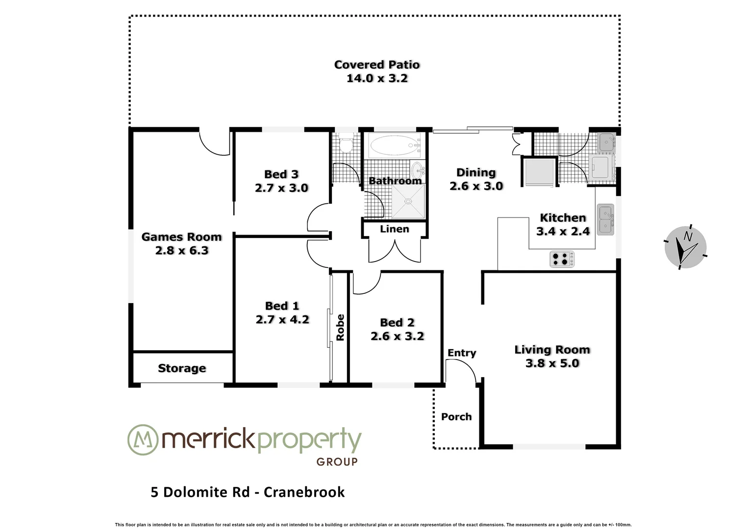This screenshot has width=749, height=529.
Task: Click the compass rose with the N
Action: pyautogui.click(x=685, y=247)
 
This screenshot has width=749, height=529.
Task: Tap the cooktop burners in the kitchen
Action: pyautogui.click(x=562, y=259)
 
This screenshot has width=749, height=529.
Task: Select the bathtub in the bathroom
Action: pyautogui.click(x=395, y=144)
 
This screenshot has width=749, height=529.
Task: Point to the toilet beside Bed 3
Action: pyautogui.click(x=346, y=144)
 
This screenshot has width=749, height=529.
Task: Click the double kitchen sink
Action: pyautogui.click(x=605, y=220)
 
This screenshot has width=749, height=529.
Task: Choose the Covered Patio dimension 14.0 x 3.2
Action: pyautogui.click(x=377, y=78)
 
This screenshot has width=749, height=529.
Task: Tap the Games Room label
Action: pyautogui.click(x=181, y=237)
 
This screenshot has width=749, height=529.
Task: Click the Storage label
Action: pyautogui.click(x=182, y=368)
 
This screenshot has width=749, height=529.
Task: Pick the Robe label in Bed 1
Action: pyautogui.click(x=340, y=327)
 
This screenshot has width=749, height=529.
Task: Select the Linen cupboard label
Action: pyautogui.click(x=394, y=229)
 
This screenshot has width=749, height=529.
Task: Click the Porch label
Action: pyautogui.click(x=456, y=417)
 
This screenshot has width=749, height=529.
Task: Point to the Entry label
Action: pyautogui.click(x=462, y=353)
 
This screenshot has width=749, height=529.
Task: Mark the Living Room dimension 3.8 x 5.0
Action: pyautogui.click(x=552, y=363)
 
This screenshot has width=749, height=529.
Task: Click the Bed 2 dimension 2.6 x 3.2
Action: pyautogui.click(x=397, y=337)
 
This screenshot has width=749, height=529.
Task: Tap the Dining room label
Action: pyautogui.click(x=476, y=172)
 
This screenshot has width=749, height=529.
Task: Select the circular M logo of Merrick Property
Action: pyautogui.click(x=143, y=440)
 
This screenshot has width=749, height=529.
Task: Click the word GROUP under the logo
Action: pyautogui.click(x=337, y=462)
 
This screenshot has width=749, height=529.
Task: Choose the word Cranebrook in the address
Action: pyautogui.click(x=304, y=492)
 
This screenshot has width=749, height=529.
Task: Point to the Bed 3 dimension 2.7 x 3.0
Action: pyautogui.click(x=281, y=188)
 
